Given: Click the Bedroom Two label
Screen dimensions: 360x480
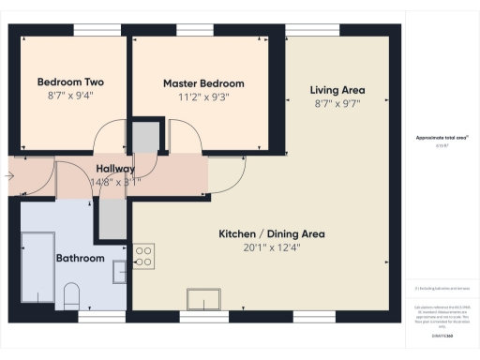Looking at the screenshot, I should coord(70,82).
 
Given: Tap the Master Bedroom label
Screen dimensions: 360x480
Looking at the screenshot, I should coord(202,82).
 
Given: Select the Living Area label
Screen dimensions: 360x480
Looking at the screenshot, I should coord(337,91).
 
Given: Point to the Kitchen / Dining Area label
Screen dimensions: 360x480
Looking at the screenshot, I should coord(272,233).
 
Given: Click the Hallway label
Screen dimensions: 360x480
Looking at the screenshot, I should coord(115,169).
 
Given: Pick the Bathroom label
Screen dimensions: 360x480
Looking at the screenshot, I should coord(80,258).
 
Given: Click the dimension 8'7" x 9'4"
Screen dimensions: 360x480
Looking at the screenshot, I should coord(70,95).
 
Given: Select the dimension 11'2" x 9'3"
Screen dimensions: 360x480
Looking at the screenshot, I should coord(202,96).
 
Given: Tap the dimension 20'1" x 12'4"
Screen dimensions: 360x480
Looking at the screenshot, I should coord(272,247).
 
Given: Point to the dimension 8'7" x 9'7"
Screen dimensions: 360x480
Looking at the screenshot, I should coord(337,104).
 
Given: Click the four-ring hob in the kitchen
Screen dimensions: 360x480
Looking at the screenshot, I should coord(143,256).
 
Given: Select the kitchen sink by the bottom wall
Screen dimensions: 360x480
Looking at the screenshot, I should coord(204,299).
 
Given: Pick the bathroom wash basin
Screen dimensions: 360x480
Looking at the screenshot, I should coord(118,272).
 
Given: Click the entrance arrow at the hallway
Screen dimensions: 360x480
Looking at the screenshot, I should coord(11,174).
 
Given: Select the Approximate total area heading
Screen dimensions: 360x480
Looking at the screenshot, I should coord(441,138).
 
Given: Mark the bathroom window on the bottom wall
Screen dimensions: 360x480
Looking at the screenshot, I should coord(95,318).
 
